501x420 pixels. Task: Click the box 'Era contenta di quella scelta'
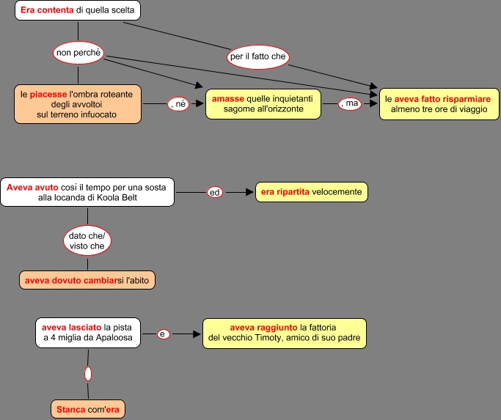click(x=78, y=10)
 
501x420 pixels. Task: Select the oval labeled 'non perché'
click(x=78, y=51)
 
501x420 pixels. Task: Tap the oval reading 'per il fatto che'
click(x=257, y=56)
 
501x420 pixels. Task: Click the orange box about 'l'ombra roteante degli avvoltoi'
click(x=77, y=104)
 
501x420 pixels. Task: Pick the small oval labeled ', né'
click(x=179, y=104)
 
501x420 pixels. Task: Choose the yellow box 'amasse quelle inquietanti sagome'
click(x=263, y=104)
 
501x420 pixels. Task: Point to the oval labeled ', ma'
click(x=351, y=104)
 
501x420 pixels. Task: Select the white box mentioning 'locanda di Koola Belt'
click(x=87, y=193)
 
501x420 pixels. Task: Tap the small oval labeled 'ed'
click(x=215, y=193)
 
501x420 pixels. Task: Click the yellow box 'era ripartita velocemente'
click(x=311, y=192)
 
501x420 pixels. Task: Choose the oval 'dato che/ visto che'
click(x=87, y=240)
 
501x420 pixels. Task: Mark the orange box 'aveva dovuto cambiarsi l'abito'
click(x=87, y=280)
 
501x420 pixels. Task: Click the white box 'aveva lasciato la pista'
click(x=87, y=333)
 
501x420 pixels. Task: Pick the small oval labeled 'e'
click(x=164, y=334)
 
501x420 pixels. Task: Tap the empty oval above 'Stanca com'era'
click(x=88, y=374)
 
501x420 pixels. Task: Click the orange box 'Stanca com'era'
click(x=87, y=409)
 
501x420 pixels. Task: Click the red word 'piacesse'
click(x=48, y=94)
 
